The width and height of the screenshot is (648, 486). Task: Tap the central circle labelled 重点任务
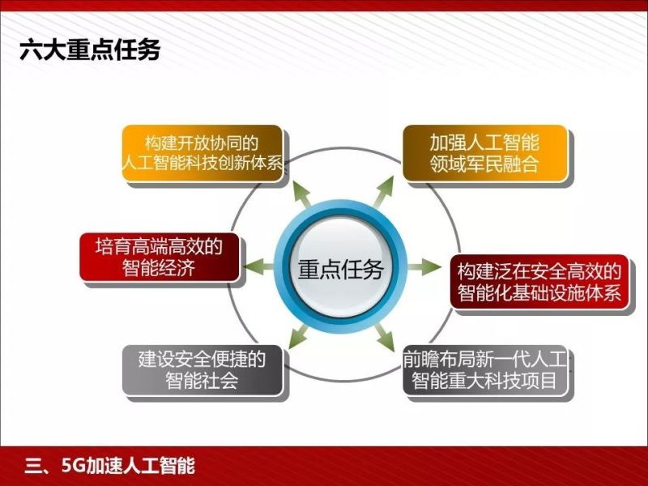point(340,269)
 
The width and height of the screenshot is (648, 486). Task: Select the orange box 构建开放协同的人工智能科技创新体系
point(202,153)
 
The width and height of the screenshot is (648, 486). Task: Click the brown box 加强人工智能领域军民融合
point(484,153)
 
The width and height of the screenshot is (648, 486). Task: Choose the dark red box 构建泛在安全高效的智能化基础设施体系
point(539,281)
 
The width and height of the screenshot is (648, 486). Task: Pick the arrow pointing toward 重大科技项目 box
point(384,337)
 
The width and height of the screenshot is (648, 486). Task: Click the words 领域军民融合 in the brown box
point(484,166)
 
